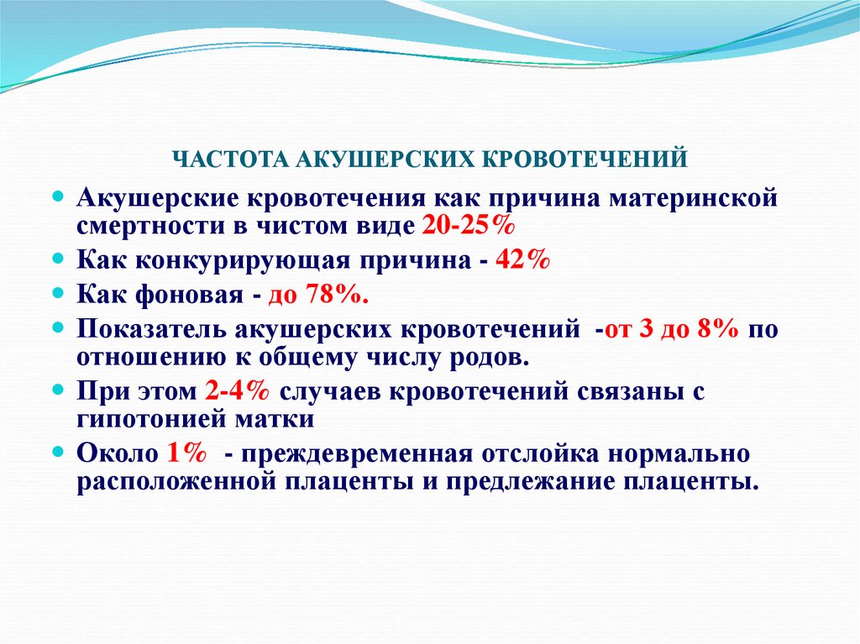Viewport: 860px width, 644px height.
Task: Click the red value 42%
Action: [x=522, y=260]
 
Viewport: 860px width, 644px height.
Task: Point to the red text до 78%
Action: [x=318, y=295]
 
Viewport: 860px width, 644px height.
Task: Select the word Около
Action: [x=117, y=453]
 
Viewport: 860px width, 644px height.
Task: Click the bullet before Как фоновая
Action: [x=58, y=294]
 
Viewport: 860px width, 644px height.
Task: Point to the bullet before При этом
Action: [x=58, y=391]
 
